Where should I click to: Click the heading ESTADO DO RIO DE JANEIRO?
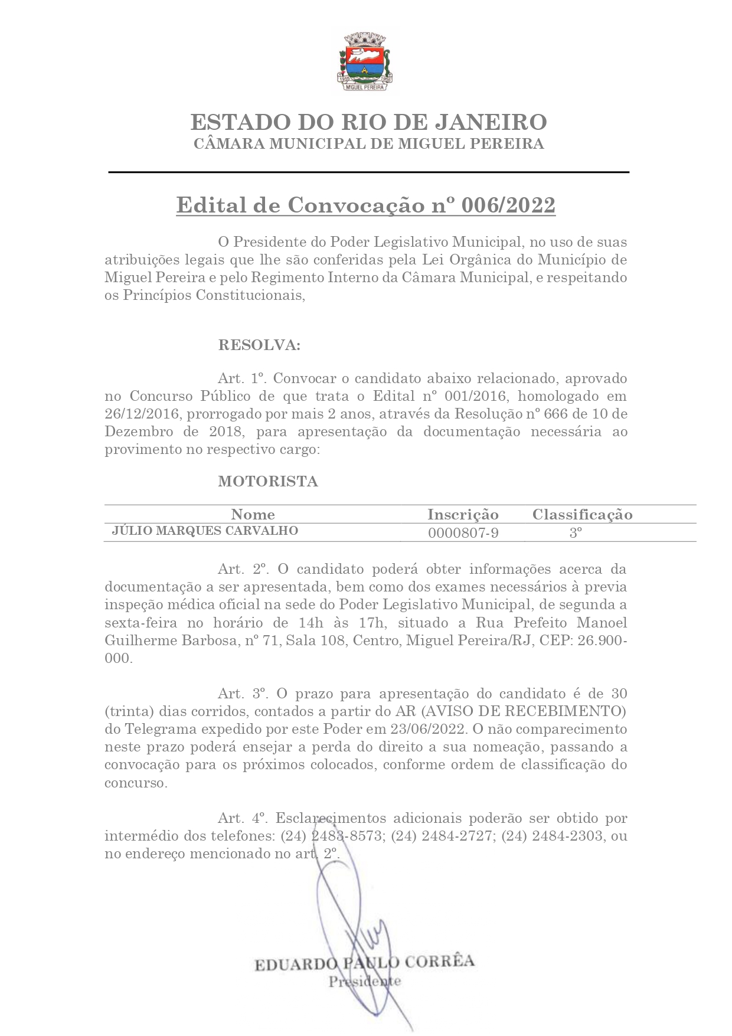[368, 122]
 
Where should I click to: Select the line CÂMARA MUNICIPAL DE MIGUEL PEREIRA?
[368, 143]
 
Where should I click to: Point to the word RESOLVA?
[259, 345]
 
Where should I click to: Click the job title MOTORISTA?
[268, 481]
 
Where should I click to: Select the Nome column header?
[253, 514]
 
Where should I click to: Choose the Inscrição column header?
[463, 514]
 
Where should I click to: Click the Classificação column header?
[582, 514]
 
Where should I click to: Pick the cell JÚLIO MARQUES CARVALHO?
[205, 531]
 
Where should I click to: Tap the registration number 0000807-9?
[463, 533]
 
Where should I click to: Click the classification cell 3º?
[576, 533]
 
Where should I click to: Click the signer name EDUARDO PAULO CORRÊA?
[364, 962]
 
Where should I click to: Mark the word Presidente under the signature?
[364, 982]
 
